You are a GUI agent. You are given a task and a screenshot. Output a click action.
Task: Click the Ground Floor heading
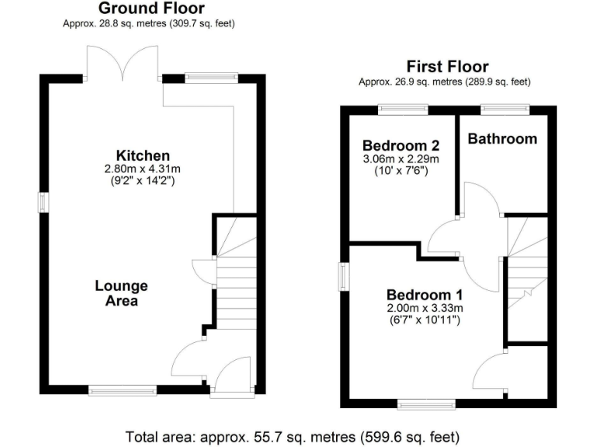(x=152, y=9)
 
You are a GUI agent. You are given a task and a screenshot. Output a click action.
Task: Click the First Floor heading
(x=447, y=67)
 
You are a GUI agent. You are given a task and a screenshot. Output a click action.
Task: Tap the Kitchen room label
(x=143, y=155)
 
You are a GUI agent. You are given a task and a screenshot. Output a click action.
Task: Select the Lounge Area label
(x=121, y=293)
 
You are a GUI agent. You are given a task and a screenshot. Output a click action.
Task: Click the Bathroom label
(x=502, y=139)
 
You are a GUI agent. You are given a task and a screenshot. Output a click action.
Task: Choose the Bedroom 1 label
(x=424, y=295)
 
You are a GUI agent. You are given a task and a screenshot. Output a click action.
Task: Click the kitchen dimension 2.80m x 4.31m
(x=143, y=169)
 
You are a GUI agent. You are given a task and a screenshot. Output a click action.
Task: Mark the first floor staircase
(x=527, y=264)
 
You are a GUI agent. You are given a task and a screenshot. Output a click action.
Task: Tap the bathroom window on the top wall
(x=505, y=109)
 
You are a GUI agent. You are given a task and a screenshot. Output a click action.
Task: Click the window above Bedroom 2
(x=403, y=109)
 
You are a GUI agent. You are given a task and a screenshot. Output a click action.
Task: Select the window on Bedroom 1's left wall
(x=344, y=276)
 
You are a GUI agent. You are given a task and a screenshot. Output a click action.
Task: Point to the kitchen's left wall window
(x=45, y=201)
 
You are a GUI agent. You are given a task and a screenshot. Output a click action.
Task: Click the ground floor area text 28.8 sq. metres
(x=148, y=23)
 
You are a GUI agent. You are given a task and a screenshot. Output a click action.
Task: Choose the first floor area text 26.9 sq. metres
(x=445, y=81)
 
